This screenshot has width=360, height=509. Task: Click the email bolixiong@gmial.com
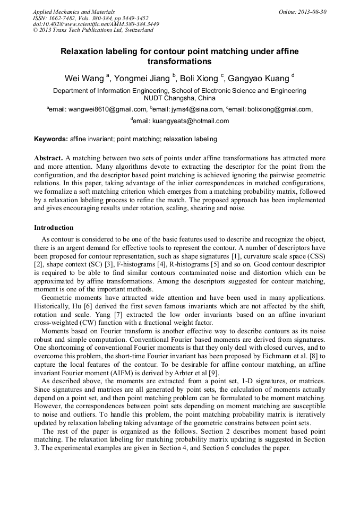pos(271,109)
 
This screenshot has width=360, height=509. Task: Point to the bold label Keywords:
pos(51,139)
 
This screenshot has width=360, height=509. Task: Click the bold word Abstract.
pos(48,159)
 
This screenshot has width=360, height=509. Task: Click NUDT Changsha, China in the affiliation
pos(179,98)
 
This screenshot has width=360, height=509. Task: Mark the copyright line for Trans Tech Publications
pos(93,30)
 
